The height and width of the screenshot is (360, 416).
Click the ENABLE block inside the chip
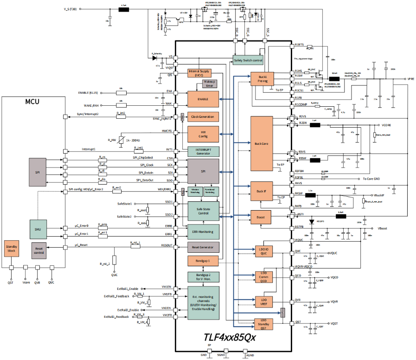click(x=203, y=99)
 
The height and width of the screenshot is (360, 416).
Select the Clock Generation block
click(x=203, y=116)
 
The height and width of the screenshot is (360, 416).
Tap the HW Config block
click(x=203, y=134)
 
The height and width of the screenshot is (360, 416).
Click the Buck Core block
click(x=262, y=143)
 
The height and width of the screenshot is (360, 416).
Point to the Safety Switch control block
click(x=248, y=60)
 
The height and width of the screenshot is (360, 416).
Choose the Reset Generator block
click(x=203, y=247)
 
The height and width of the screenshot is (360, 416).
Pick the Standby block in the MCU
click(x=11, y=249)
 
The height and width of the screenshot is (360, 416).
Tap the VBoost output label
click(x=383, y=228)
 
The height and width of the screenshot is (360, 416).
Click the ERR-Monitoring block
click(x=203, y=231)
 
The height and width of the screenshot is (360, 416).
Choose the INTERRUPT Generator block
click(x=203, y=152)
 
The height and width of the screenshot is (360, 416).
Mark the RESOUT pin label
click(x=166, y=246)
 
